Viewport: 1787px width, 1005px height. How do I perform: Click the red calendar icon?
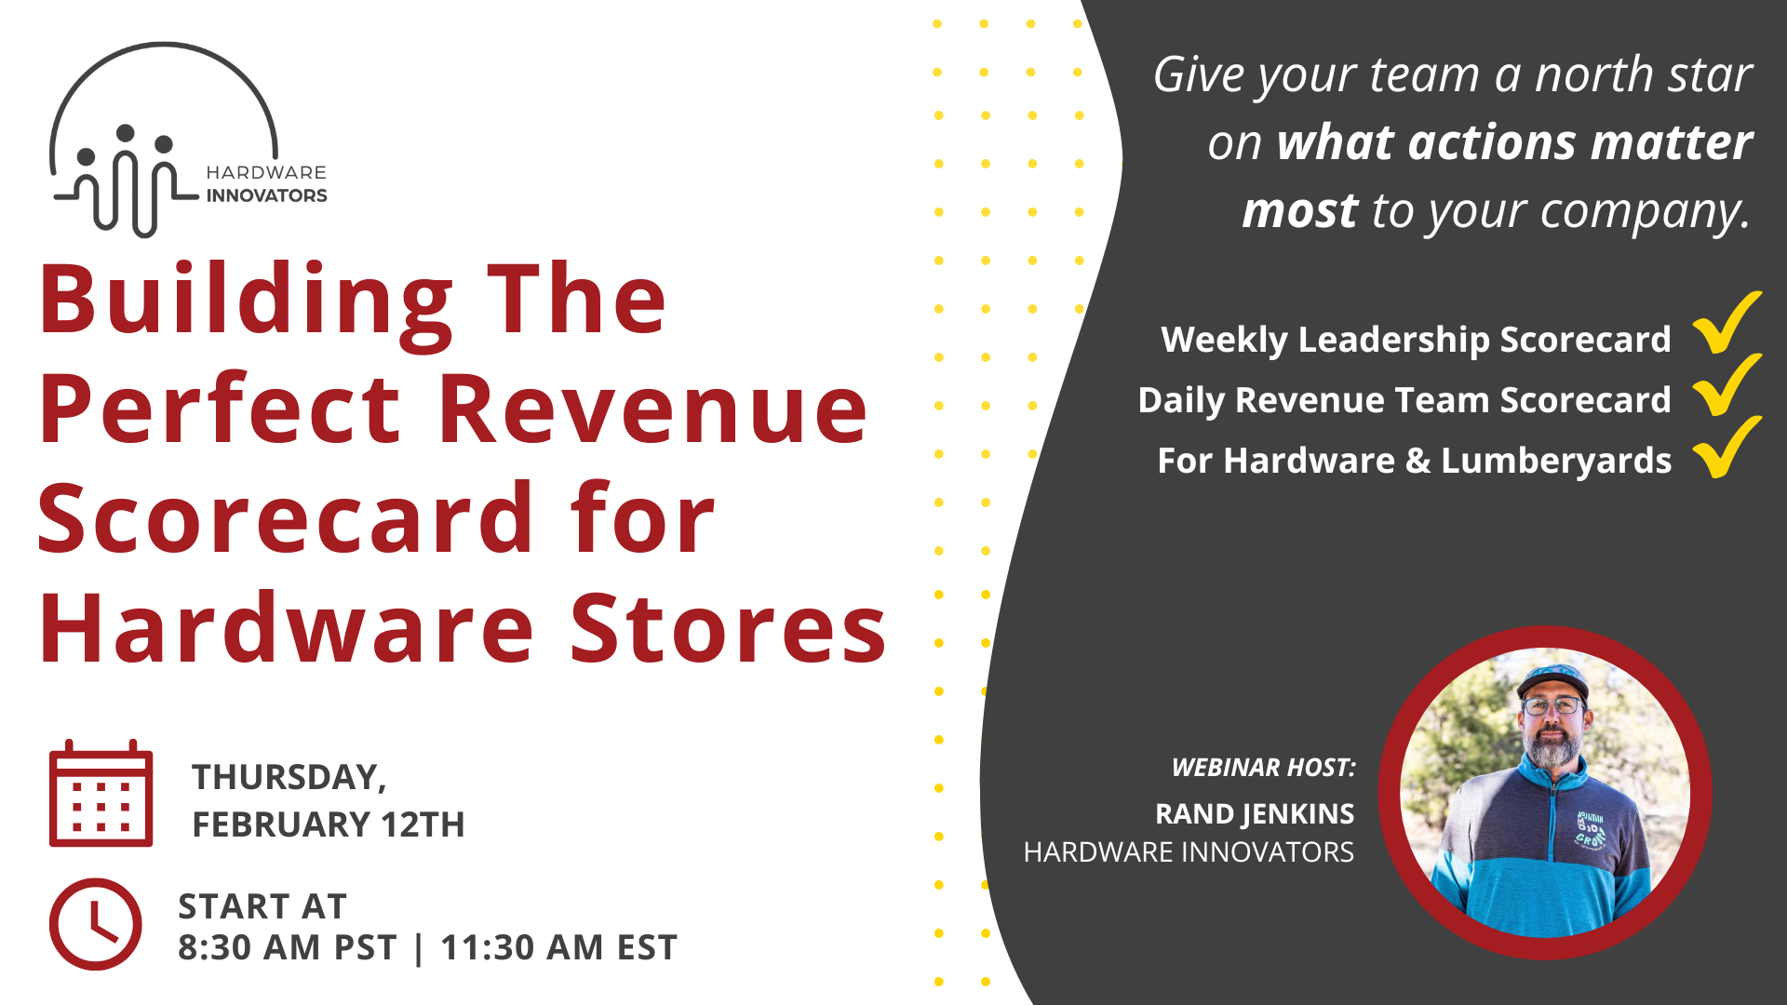pos(101,794)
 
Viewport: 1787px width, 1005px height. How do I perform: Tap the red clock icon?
pos(96,924)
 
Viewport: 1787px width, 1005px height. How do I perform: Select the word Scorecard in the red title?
pos(285,520)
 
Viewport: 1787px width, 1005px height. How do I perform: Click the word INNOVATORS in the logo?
pos(266,195)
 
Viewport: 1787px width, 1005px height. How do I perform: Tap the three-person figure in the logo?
pos(125,177)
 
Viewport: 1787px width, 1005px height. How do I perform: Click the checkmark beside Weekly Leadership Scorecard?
pos(1726,323)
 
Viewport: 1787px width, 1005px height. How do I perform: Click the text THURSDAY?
pos(289,777)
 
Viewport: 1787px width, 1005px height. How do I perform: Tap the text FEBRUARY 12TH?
pos(328,824)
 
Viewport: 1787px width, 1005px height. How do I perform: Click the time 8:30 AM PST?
pos(287,948)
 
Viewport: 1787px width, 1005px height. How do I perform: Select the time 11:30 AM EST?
pos(558,948)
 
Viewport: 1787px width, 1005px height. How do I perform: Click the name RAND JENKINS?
pos(1254,813)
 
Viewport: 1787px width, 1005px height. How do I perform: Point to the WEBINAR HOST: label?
pos(1263,768)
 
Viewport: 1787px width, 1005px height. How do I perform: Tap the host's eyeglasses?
pos(1552,705)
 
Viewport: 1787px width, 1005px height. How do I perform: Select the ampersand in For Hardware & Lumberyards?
pos(1418,462)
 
